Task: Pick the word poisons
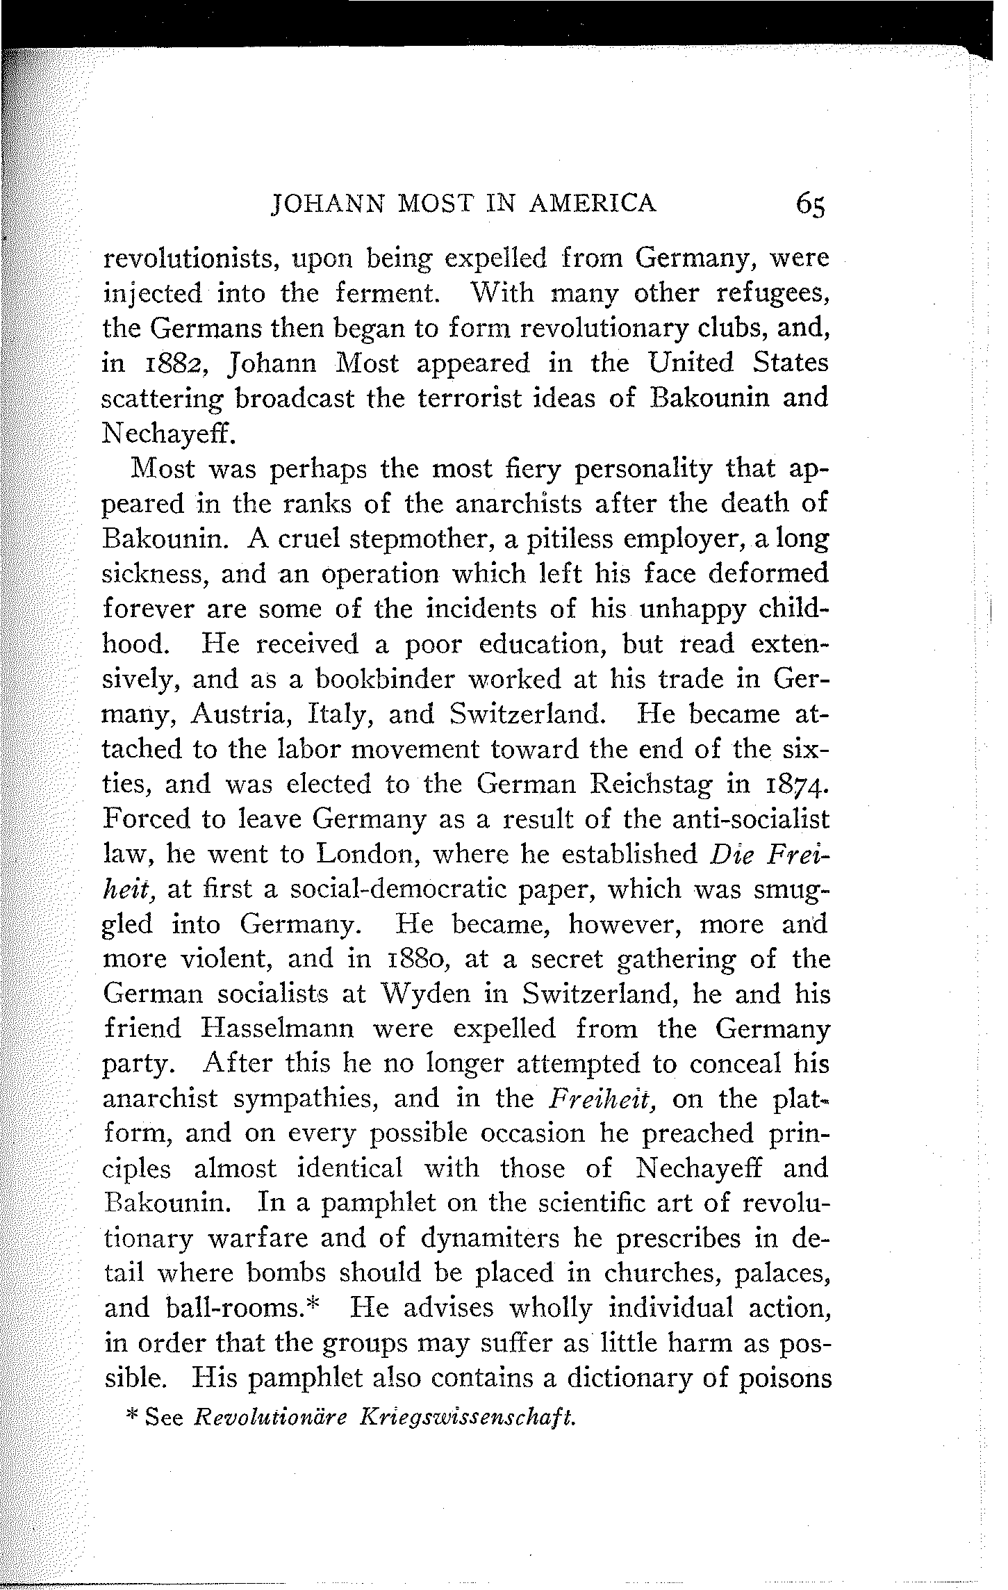coord(785,1379)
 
